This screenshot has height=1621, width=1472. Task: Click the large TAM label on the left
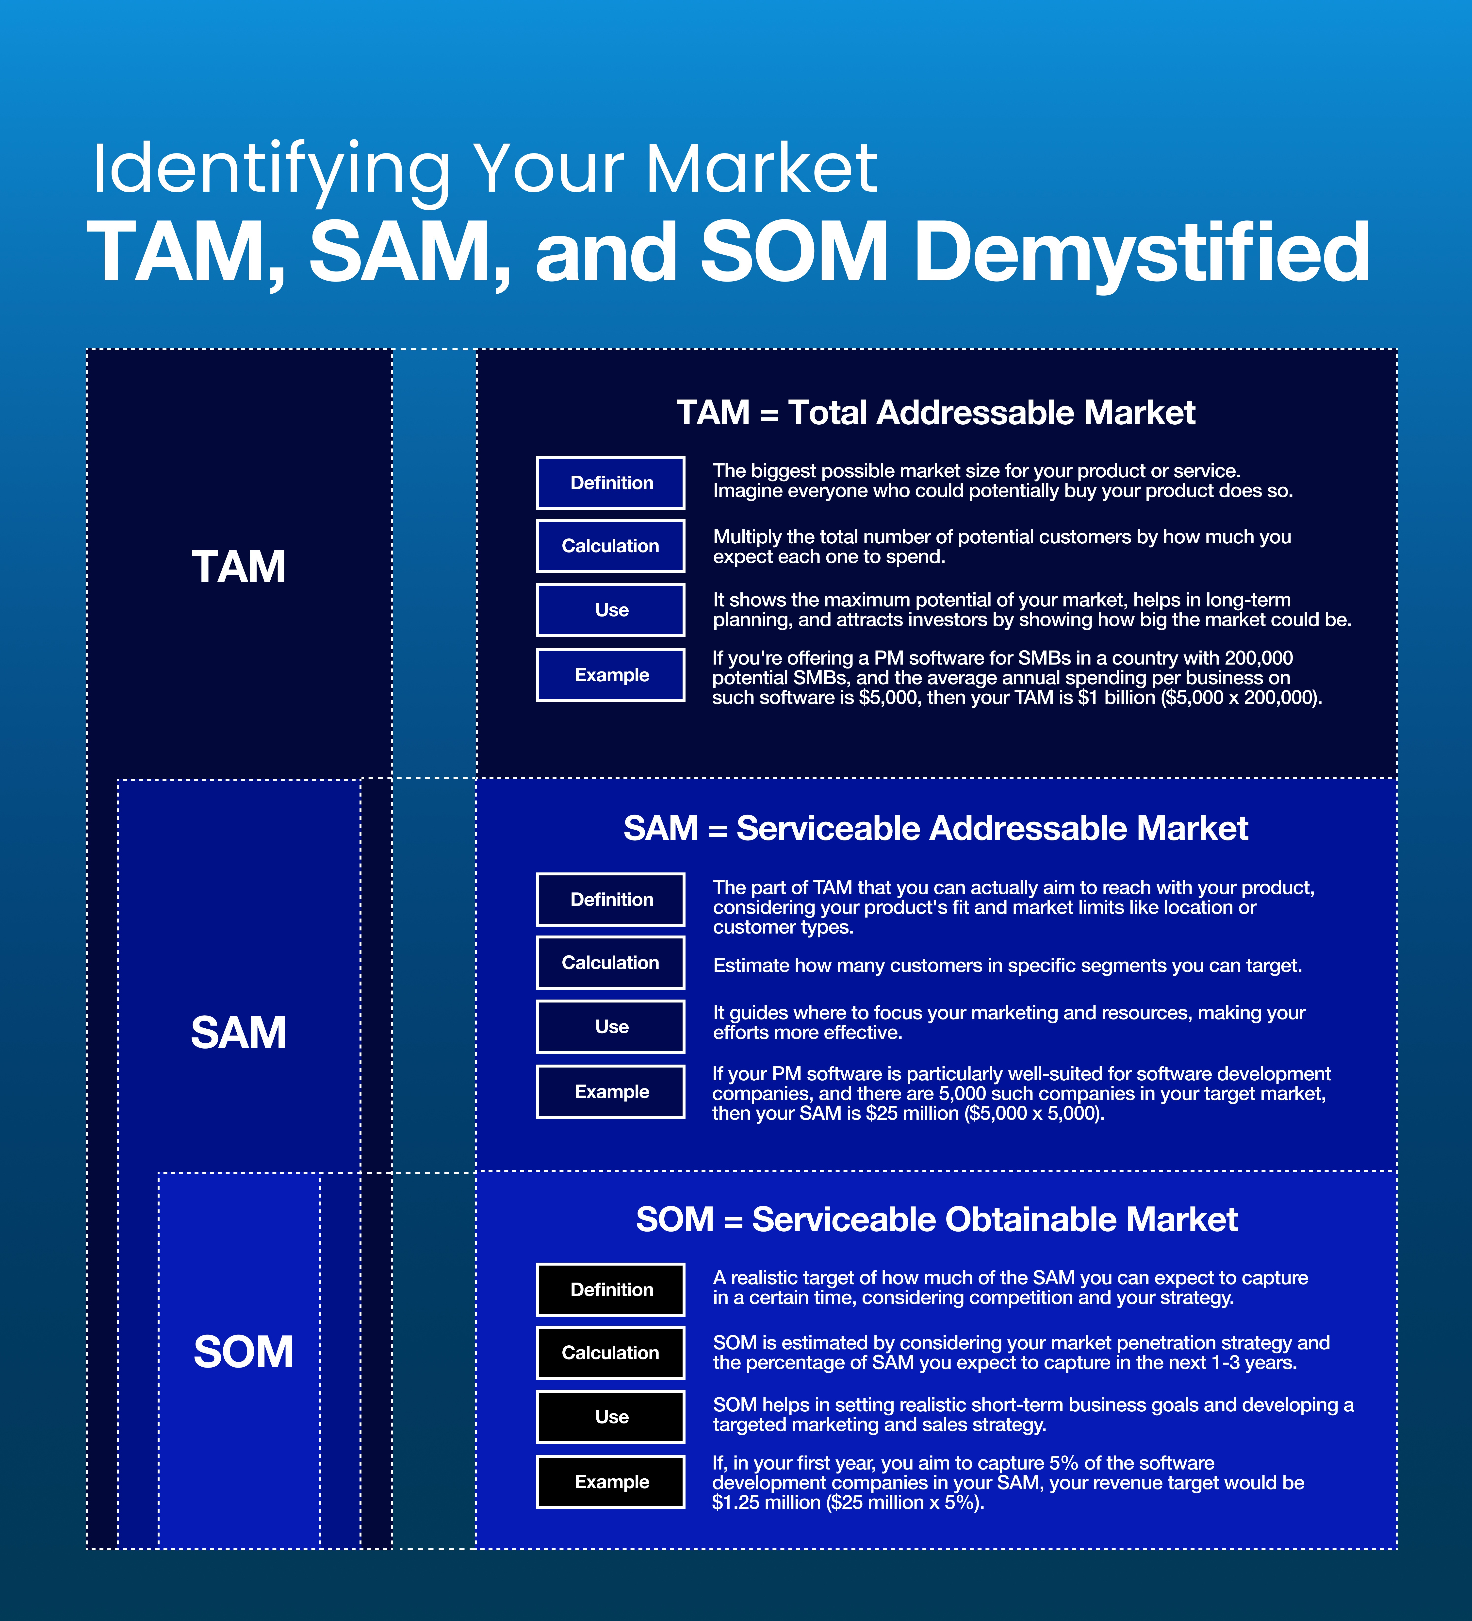239,567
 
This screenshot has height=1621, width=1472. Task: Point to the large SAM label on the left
239,1032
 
